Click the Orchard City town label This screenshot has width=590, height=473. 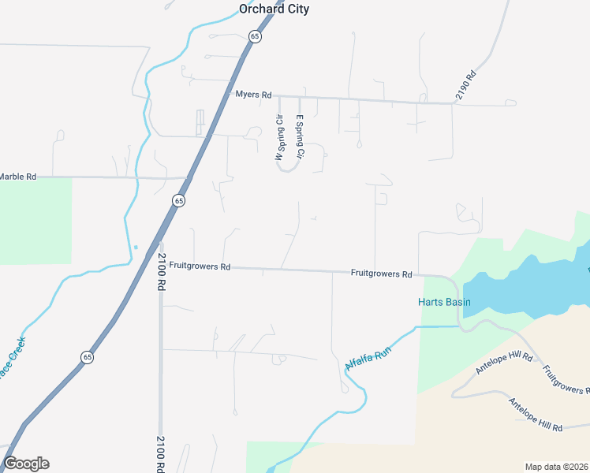point(274,9)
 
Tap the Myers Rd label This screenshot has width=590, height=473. point(253,95)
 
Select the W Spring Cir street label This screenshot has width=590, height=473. point(278,139)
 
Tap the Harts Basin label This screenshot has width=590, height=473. point(444,302)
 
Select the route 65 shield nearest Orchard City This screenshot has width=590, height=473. point(254,36)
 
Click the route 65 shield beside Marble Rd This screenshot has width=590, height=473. point(179,201)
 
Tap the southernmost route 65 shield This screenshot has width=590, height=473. point(86,357)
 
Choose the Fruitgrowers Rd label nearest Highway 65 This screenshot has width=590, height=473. point(200,267)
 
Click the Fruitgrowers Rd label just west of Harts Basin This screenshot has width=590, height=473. point(382,274)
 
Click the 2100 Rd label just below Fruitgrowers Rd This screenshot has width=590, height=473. point(161,272)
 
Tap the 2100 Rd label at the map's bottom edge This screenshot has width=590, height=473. point(160,454)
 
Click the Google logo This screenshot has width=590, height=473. point(26,464)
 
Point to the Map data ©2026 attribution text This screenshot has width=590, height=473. point(556,467)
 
